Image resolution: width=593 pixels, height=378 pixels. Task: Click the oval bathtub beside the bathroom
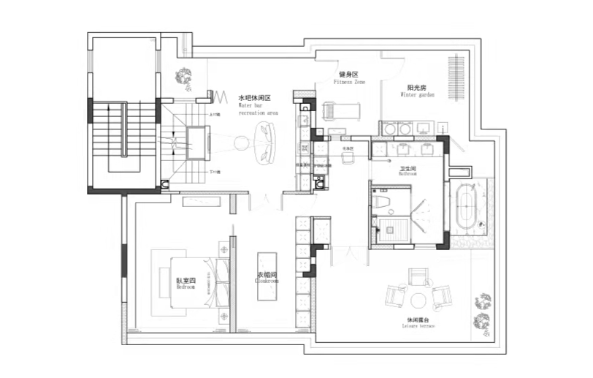[467, 206]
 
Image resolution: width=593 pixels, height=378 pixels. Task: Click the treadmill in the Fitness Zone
[341, 111]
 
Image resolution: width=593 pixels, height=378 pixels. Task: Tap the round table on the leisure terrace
[418, 300]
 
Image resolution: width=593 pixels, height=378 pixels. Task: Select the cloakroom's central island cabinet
[267, 281]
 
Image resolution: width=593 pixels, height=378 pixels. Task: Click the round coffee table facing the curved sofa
[239, 143]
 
